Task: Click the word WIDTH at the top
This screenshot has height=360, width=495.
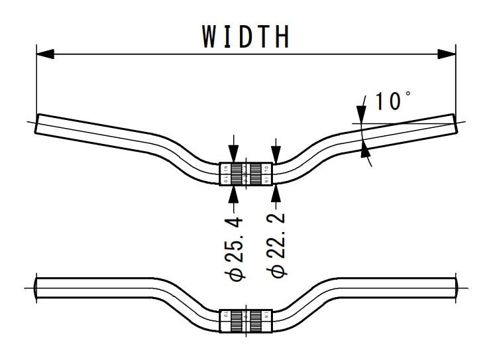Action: point(246,36)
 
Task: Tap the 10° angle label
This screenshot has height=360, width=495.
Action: point(392,101)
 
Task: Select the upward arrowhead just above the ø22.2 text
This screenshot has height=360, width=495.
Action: point(276,193)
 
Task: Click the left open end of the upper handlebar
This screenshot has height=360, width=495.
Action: point(37,124)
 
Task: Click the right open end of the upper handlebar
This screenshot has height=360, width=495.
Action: point(455,122)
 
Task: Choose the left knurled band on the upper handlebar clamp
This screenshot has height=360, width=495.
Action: point(237,174)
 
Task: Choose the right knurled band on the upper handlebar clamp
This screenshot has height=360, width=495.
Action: point(256,174)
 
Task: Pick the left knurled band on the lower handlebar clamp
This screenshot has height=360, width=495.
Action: point(237,320)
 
